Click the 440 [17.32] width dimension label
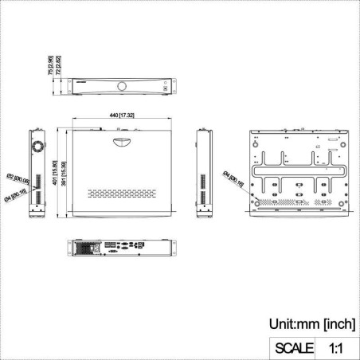coord(123,116)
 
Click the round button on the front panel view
coord(122,85)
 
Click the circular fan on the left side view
coord(36,147)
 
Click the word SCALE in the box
coord(294,348)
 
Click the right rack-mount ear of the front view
coord(174,86)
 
